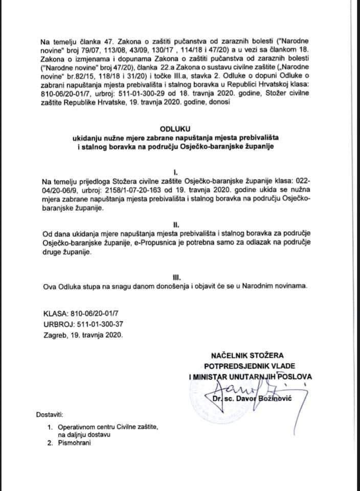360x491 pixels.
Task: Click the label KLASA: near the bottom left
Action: click(x=56, y=313)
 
